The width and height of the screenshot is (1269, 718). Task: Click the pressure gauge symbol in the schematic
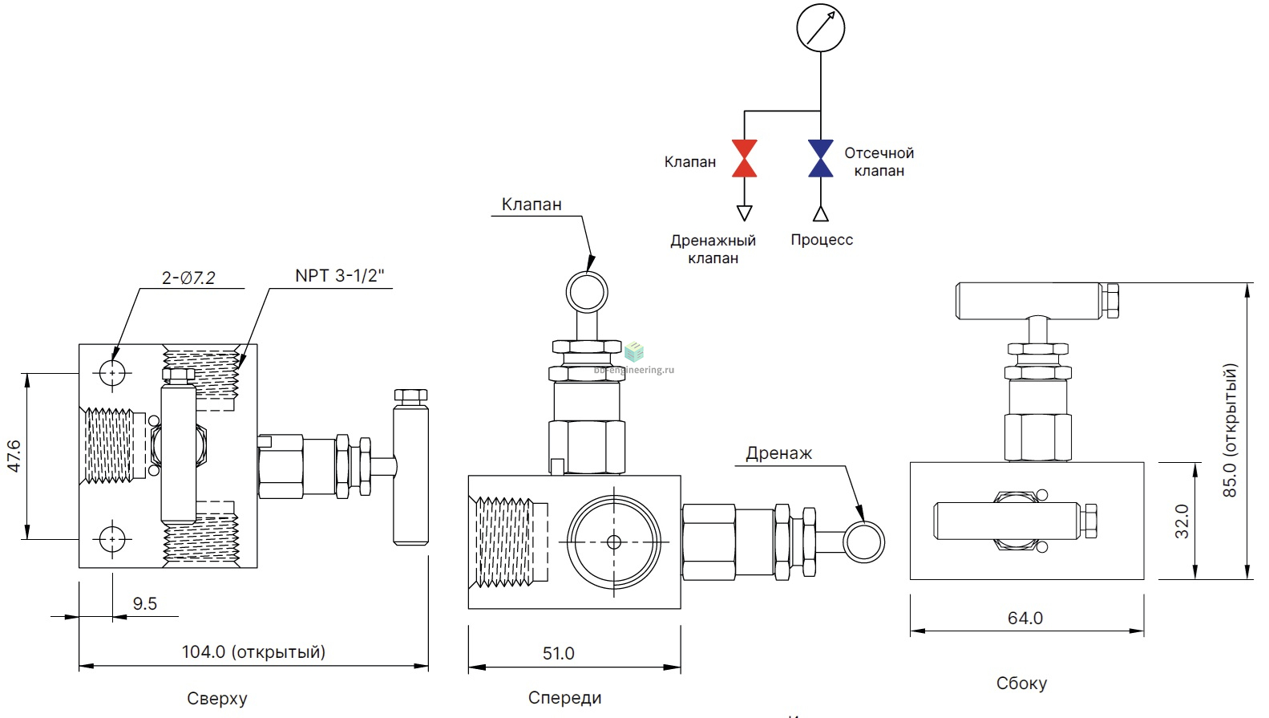click(x=820, y=27)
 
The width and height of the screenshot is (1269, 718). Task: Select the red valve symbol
click(x=744, y=158)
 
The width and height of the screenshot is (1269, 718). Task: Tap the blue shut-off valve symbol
click(x=820, y=158)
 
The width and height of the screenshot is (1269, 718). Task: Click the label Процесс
click(x=822, y=240)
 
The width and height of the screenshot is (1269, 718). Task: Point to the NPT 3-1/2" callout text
click(x=339, y=276)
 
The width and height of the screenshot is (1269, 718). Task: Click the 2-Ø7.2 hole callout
click(x=188, y=278)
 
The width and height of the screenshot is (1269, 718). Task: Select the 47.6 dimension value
click(x=14, y=456)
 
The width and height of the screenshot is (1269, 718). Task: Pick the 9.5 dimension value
click(x=145, y=604)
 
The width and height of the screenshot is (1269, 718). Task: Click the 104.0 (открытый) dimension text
click(x=253, y=652)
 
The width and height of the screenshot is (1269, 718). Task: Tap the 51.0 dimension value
click(x=558, y=654)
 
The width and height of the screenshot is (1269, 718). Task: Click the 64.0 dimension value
click(x=1025, y=619)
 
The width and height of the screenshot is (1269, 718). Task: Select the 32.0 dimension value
click(x=1182, y=521)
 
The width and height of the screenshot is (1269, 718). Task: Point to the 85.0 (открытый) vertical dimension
click(x=1230, y=431)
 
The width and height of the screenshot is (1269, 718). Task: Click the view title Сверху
click(x=217, y=699)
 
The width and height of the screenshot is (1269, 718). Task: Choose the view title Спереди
click(x=564, y=698)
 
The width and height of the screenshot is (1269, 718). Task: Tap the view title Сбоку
click(x=1021, y=684)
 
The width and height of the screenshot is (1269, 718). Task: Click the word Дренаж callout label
click(x=778, y=453)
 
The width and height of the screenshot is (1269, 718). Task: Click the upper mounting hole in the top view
click(x=112, y=373)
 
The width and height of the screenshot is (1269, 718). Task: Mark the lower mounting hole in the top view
click(x=112, y=539)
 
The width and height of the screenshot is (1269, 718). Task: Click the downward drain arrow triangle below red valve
click(x=744, y=213)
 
